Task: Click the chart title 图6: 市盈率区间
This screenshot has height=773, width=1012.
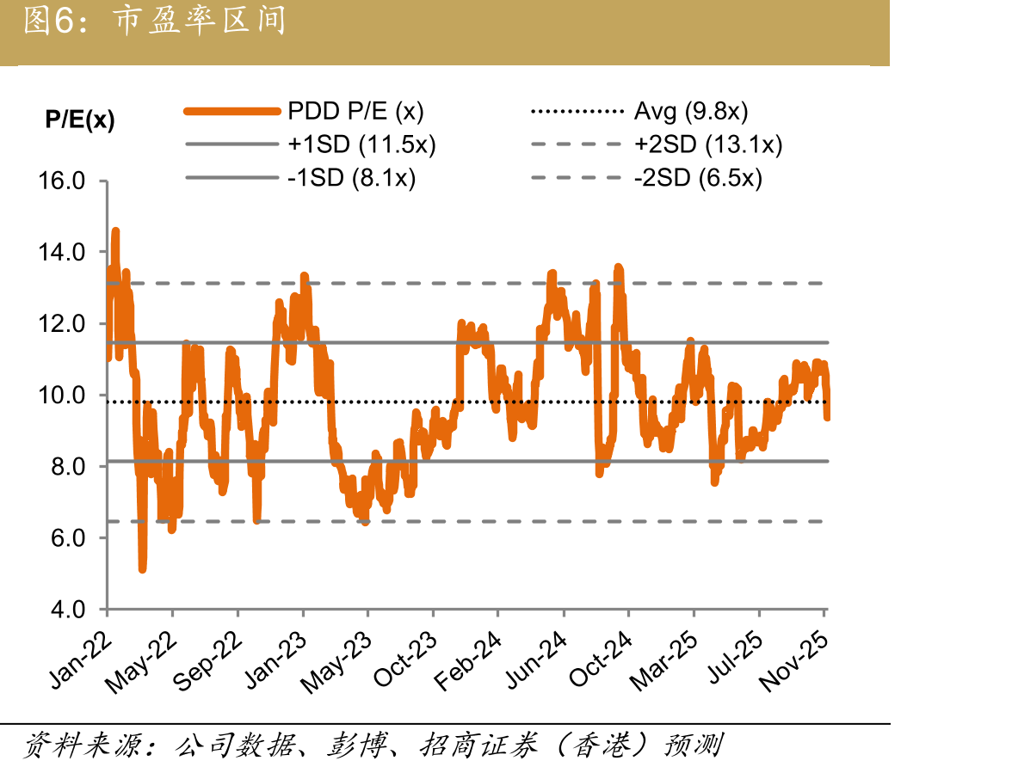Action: click(x=155, y=20)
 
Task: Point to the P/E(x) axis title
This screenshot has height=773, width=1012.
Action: click(x=80, y=120)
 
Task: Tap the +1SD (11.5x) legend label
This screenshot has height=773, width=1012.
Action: click(x=361, y=144)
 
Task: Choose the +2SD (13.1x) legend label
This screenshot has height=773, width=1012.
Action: click(x=708, y=144)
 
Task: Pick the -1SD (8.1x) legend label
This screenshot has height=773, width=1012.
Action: click(x=351, y=177)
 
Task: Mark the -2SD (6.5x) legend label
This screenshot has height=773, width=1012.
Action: click(x=698, y=177)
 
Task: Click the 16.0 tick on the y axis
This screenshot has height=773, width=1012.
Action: click(x=62, y=181)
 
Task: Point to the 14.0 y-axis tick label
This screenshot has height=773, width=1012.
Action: click(x=62, y=252)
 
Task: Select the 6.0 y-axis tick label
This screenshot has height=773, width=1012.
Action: click(x=69, y=537)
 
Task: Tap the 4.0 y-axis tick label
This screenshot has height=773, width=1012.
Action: click(x=69, y=610)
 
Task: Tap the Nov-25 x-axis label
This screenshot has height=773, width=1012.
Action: click(x=793, y=661)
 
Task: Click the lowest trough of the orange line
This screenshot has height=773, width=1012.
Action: click(x=142, y=569)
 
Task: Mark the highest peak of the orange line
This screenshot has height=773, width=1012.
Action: click(x=115, y=231)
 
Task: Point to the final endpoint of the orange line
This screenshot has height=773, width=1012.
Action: click(x=827, y=418)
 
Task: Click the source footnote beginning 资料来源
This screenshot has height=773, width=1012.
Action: click(x=373, y=745)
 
